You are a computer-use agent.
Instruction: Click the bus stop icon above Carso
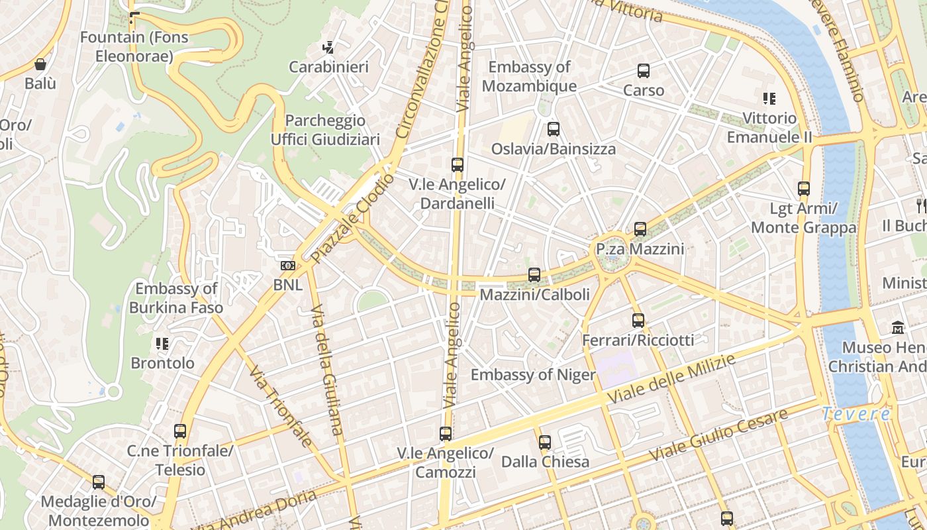(643, 71)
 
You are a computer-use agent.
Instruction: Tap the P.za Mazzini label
(640, 249)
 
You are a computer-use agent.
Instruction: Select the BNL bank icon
(287, 266)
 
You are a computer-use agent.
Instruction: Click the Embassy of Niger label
(533, 375)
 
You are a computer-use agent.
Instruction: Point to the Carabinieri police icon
(328, 48)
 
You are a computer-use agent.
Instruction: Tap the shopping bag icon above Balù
(40, 64)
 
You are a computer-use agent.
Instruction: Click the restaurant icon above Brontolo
(162, 344)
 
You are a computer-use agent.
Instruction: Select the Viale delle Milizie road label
(672, 380)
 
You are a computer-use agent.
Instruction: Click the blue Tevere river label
(856, 414)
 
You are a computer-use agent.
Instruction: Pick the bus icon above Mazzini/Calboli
(534, 275)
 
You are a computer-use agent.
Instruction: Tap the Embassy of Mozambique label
(529, 76)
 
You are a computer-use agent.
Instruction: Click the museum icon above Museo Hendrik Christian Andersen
(898, 328)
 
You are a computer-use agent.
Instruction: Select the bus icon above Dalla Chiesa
(545, 442)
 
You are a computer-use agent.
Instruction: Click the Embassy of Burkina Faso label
(176, 298)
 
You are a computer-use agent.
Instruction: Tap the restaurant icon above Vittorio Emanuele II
(769, 99)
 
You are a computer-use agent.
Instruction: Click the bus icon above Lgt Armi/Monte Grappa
(804, 189)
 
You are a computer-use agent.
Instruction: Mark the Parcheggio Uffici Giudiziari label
(325, 130)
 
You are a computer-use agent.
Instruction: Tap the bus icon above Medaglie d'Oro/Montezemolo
(99, 482)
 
